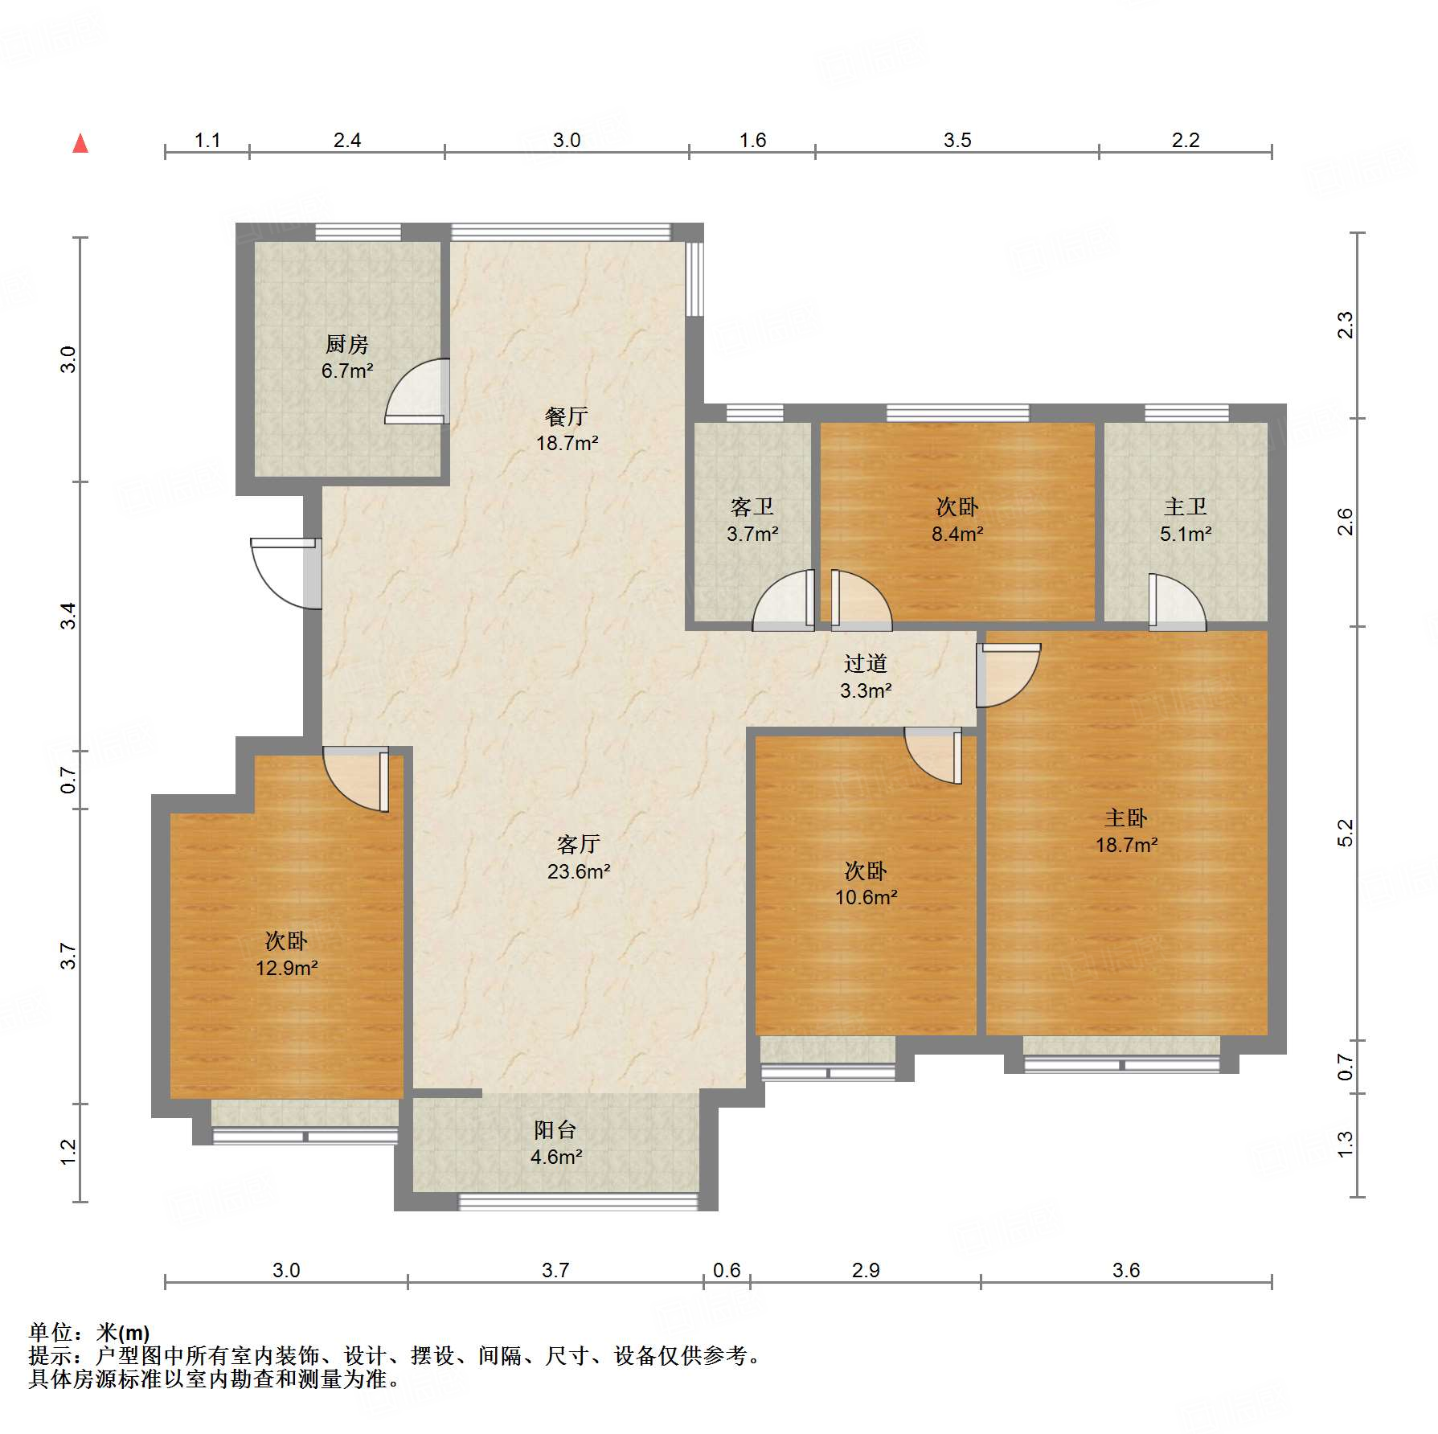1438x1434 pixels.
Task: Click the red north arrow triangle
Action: click(80, 144)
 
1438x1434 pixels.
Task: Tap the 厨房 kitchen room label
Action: click(346, 345)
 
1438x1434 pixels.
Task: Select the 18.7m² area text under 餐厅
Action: click(567, 443)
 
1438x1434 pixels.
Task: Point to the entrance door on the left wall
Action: click(285, 573)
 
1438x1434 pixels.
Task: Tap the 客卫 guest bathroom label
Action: click(752, 507)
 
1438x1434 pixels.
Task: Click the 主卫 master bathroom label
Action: click(1185, 507)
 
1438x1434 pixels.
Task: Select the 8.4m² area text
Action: click(957, 534)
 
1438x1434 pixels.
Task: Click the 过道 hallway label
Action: click(865, 664)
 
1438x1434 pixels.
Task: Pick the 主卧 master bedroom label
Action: click(1125, 818)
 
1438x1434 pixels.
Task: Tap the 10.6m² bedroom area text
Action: click(866, 897)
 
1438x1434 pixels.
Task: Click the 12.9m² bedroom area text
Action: click(286, 968)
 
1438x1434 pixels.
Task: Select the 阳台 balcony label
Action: click(555, 1130)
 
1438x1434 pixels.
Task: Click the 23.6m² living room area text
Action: click(578, 871)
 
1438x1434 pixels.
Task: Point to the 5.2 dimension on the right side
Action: click(1346, 833)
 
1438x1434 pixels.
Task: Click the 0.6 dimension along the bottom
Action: click(727, 1270)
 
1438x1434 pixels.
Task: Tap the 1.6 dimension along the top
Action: click(752, 141)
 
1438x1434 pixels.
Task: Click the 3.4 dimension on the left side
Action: click(69, 616)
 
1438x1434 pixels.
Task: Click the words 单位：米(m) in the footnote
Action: click(89, 1334)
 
